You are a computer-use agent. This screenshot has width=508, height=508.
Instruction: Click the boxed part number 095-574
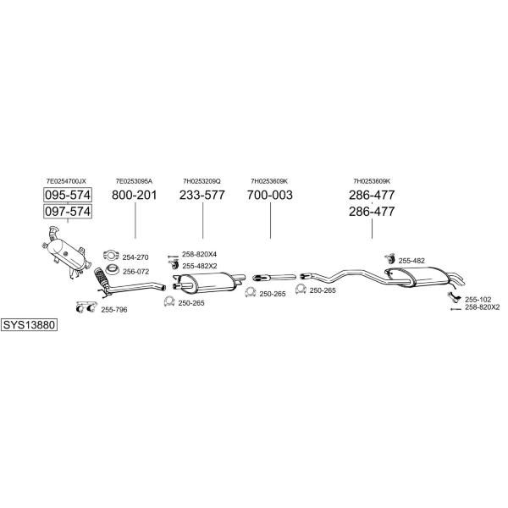pos(68,195)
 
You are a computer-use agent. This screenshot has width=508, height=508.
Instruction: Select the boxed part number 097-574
pos(68,212)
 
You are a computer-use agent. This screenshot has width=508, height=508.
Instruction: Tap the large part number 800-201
pos(135,195)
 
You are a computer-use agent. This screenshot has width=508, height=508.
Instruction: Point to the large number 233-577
pos(202,195)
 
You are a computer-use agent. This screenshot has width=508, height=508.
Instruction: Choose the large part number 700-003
pos(270,195)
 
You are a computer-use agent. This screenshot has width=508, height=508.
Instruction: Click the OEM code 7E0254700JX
pos(66,181)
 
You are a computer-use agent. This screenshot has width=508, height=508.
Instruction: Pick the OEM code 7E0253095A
pos(134,181)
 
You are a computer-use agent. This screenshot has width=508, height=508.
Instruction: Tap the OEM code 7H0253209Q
pos(202,181)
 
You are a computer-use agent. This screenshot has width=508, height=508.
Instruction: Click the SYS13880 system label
pos(29,324)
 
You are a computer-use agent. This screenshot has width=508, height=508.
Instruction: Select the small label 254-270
pos(135,257)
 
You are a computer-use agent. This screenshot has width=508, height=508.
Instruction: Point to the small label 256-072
pos(135,272)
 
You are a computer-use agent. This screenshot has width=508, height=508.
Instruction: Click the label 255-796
pos(114,310)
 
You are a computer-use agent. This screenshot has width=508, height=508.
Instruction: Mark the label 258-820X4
pos(199,254)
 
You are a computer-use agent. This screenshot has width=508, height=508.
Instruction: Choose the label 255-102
pos(478,300)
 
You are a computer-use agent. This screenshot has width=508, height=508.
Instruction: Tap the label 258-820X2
pos(483,307)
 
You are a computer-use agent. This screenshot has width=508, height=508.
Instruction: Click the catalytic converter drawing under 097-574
pos(66,252)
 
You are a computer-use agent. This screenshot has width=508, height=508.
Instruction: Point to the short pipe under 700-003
pos(274,278)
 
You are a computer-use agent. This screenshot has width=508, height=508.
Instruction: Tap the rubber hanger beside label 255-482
pos(389,259)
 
